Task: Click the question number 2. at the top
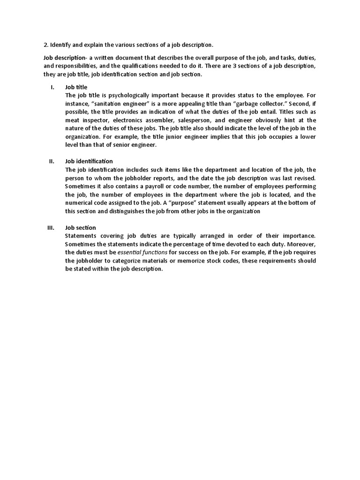coord(46,45)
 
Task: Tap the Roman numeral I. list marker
coord(52,87)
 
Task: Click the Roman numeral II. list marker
coord(52,161)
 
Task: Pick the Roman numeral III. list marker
coord(51,228)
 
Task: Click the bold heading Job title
coord(76,87)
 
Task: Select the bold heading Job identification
coord(89,161)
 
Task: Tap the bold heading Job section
coord(81,228)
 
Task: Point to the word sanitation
coord(111,103)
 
